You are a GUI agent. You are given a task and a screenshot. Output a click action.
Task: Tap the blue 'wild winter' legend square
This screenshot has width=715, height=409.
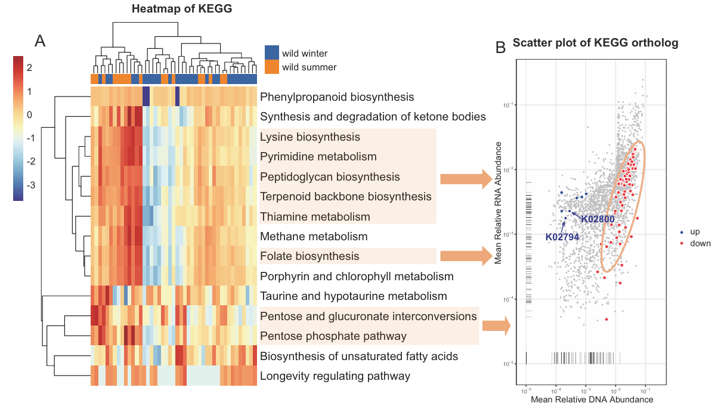click(x=272, y=52)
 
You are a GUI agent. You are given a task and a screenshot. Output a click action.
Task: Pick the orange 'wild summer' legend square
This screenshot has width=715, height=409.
click(x=272, y=67)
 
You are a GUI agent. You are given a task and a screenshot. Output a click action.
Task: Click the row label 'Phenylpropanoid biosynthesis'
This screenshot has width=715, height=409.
click(x=337, y=97)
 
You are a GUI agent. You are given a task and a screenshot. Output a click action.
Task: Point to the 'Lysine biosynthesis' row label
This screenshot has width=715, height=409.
click(x=310, y=137)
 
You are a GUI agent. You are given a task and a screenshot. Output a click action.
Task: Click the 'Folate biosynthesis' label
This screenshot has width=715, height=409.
click(x=309, y=256)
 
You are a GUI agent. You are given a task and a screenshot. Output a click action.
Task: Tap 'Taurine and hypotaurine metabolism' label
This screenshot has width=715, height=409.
click(x=354, y=296)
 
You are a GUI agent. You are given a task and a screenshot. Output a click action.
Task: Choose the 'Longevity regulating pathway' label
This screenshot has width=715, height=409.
click(x=335, y=376)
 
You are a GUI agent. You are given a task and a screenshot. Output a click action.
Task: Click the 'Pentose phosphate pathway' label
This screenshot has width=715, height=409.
click(x=333, y=336)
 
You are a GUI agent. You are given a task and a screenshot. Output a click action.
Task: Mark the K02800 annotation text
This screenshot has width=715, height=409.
click(x=598, y=219)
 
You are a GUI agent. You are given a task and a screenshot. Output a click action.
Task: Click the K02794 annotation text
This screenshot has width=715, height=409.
click(x=562, y=237)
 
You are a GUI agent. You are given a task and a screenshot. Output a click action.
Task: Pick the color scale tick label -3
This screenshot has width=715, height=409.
click(x=30, y=185)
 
